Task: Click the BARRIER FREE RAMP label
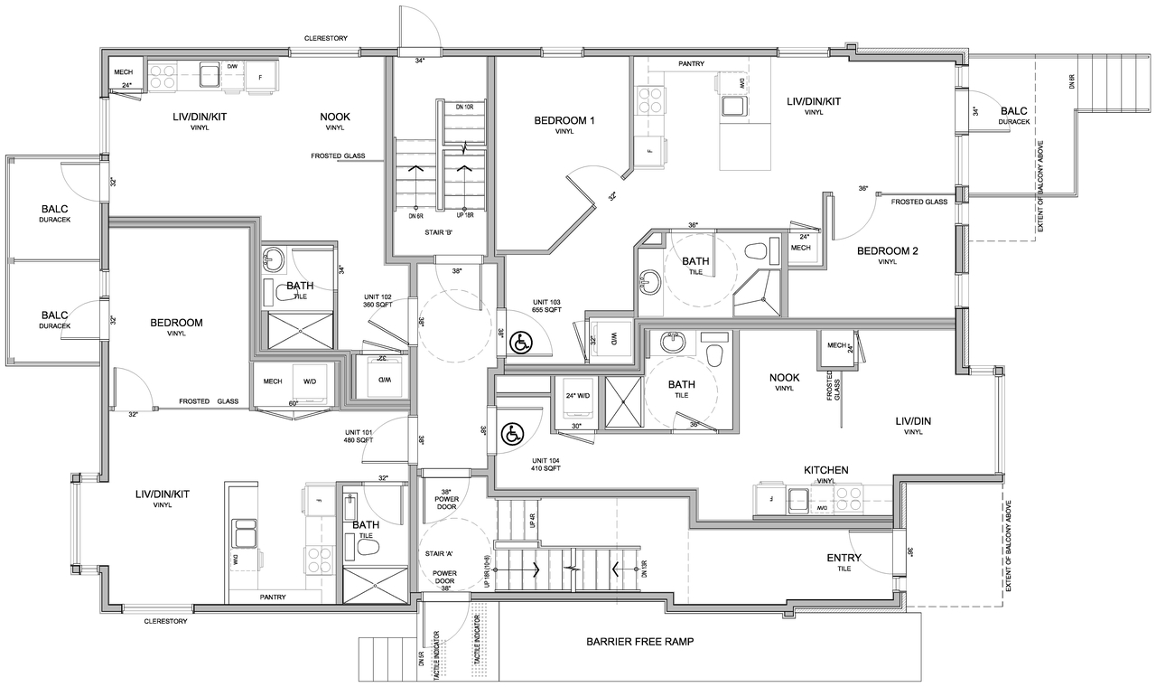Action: click(x=639, y=642)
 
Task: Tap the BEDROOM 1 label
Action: click(x=564, y=121)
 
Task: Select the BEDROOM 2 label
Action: click(x=887, y=251)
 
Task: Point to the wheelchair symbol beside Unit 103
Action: click(x=520, y=343)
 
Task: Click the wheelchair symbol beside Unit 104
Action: click(x=512, y=434)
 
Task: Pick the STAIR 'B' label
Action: click(x=439, y=232)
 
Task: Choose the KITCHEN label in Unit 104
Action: click(x=825, y=470)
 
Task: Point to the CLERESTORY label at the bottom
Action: click(x=165, y=621)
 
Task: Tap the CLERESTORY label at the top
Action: click(x=326, y=38)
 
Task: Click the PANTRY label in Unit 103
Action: click(x=691, y=64)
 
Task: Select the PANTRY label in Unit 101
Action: click(x=274, y=597)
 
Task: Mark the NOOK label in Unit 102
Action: click(x=334, y=117)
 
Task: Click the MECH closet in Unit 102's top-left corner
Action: click(x=123, y=72)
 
